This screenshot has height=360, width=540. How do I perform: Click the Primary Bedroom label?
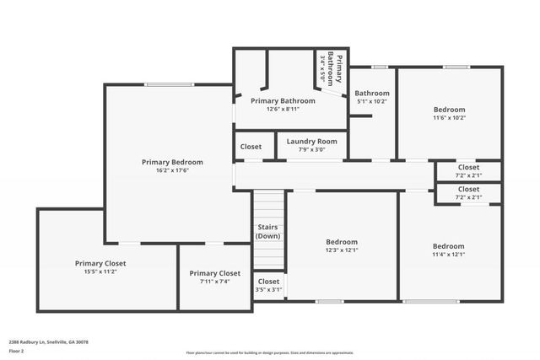click(x=172, y=162)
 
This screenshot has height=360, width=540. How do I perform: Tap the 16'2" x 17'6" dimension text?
click(x=172, y=170)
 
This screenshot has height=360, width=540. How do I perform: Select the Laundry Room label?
click(x=311, y=142)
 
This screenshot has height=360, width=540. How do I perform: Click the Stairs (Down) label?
click(x=268, y=232)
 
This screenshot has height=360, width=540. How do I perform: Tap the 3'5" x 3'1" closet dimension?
click(x=268, y=289)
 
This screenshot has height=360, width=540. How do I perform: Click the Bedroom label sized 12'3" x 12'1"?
click(x=342, y=240)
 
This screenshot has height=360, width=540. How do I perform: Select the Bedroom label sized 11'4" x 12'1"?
click(x=448, y=246)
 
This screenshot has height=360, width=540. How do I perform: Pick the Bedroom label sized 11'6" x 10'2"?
click(x=449, y=110)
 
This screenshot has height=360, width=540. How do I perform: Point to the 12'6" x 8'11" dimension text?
click(x=283, y=109)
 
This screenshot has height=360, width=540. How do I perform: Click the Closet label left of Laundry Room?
click(x=251, y=146)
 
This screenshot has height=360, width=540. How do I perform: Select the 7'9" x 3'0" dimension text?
click(x=311, y=150)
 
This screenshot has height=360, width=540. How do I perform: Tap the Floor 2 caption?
click(x=16, y=352)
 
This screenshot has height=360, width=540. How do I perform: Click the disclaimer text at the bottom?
click(x=269, y=352)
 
